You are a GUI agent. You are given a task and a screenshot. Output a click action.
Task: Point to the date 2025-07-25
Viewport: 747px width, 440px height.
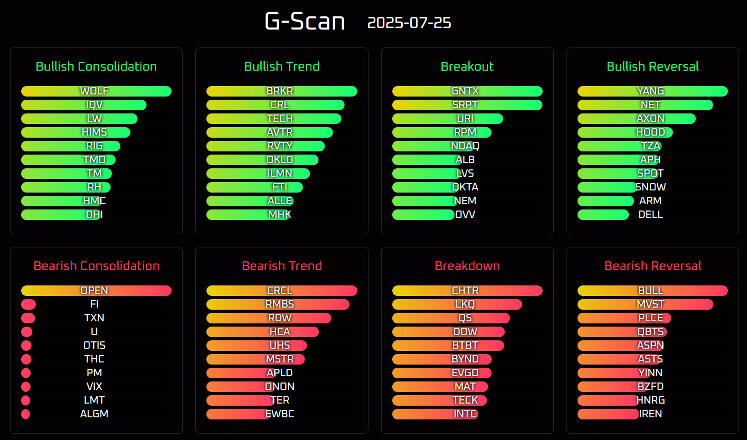pos(409,23)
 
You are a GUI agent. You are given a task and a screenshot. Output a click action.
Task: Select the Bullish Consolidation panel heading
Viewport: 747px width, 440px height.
pos(96,66)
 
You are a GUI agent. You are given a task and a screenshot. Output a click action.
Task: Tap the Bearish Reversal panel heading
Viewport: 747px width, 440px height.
pos(653,266)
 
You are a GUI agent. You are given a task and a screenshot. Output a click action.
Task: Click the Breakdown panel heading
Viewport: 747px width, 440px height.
pos(467,266)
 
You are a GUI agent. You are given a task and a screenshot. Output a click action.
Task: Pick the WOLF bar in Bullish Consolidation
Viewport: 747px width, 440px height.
pos(96,91)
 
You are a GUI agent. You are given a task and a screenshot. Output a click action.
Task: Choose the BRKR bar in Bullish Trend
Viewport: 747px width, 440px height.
pos(281,91)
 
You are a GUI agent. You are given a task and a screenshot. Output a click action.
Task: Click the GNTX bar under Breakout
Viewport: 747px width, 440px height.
pos(467,91)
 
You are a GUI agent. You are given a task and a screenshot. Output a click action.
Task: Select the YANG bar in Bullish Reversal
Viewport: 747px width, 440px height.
pos(653,91)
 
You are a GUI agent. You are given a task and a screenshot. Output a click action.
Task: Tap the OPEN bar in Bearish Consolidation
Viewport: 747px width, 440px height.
pos(96,291)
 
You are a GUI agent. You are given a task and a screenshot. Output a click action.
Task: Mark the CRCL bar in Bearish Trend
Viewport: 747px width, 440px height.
pos(281,291)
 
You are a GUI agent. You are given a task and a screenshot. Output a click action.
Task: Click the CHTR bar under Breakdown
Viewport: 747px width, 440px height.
pos(467,291)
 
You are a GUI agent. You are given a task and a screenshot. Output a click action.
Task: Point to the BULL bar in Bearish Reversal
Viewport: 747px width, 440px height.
pos(653,291)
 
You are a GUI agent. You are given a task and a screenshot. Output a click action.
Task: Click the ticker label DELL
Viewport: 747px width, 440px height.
pos(650,215)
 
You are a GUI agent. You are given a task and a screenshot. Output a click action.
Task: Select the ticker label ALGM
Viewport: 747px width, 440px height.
pos(94,414)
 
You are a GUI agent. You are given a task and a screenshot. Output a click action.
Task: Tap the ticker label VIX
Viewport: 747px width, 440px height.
pos(94,387)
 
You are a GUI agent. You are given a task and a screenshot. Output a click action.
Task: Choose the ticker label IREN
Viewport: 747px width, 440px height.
pos(650,414)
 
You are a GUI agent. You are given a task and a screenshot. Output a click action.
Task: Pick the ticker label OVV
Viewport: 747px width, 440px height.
pos(465,215)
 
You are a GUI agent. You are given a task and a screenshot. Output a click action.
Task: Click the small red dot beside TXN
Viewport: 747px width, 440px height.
pos(28,318)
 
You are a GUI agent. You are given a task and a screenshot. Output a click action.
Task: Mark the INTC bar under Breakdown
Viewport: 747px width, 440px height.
pos(435,414)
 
